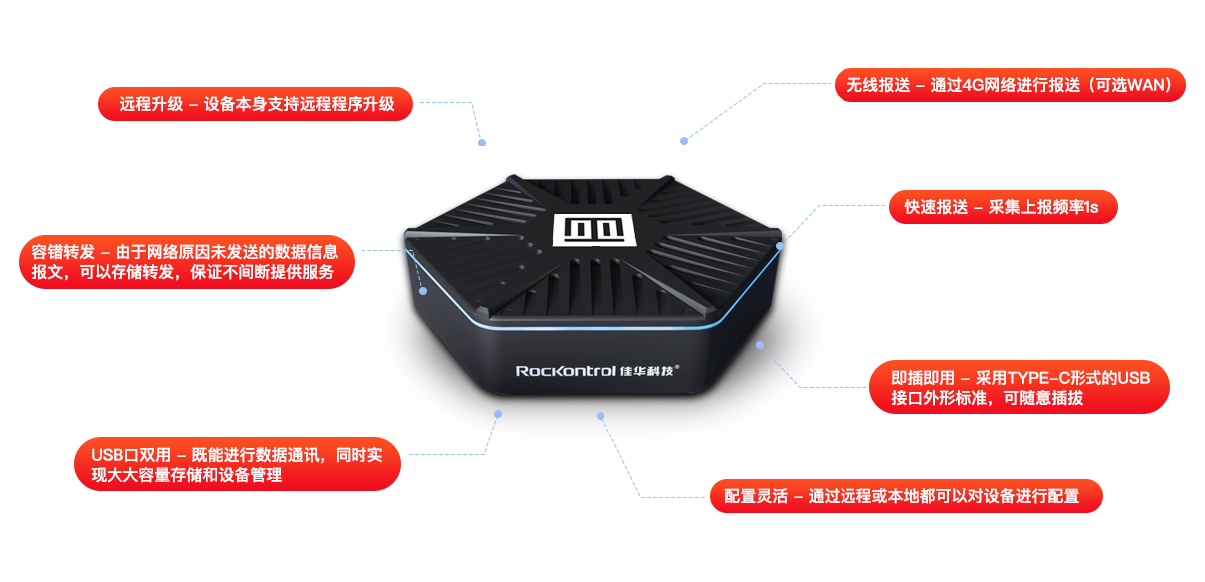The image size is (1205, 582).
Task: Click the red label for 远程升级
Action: (x=255, y=104)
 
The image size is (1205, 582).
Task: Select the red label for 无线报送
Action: (x=1010, y=86)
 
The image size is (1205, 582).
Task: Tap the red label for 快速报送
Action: (x=1003, y=207)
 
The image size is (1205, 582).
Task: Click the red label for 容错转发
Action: (x=186, y=262)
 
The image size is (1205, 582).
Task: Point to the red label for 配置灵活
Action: (x=907, y=495)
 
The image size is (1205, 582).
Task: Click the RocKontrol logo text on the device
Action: (x=565, y=370)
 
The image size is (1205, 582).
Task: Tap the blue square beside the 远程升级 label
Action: (x=450, y=122)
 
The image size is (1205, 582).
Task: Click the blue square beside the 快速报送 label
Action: (x=833, y=225)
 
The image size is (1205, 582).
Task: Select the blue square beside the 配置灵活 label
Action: (x=653, y=470)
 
